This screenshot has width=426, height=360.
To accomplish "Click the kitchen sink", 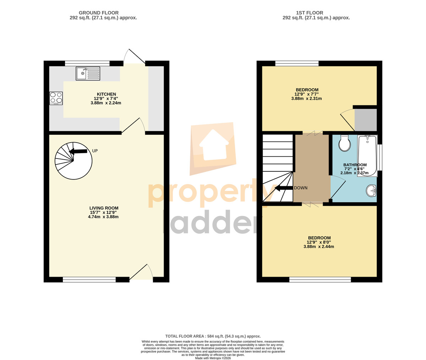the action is [x=88, y=73].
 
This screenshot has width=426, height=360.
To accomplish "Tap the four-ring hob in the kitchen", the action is [x=56, y=98].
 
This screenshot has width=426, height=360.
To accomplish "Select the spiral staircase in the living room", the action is [x=73, y=161].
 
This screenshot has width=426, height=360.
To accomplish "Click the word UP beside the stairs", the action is [x=95, y=151].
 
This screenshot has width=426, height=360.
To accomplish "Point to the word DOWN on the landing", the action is [x=301, y=188].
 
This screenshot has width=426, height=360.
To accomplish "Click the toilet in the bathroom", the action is [x=345, y=143].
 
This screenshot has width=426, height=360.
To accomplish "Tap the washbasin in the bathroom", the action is [x=371, y=190].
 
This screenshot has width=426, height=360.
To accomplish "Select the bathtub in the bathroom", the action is [x=367, y=156].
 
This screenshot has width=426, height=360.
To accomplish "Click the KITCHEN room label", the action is [x=106, y=94].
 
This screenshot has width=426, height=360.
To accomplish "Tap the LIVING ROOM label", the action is [x=104, y=208].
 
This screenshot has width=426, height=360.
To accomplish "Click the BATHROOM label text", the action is [x=355, y=165].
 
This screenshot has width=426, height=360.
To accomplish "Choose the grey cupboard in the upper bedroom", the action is [x=366, y=120].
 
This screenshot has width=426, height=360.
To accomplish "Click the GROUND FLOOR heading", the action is [x=99, y=13].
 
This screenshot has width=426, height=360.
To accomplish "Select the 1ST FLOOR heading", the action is [x=310, y=13].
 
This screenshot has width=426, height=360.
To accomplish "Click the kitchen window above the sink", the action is [x=87, y=63].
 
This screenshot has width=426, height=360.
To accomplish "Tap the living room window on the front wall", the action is [x=89, y=279].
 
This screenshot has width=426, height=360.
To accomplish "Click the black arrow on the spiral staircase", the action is [x=78, y=151].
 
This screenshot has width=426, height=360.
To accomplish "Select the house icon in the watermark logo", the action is [x=214, y=145].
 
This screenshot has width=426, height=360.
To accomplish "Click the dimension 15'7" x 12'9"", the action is [x=103, y=212].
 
